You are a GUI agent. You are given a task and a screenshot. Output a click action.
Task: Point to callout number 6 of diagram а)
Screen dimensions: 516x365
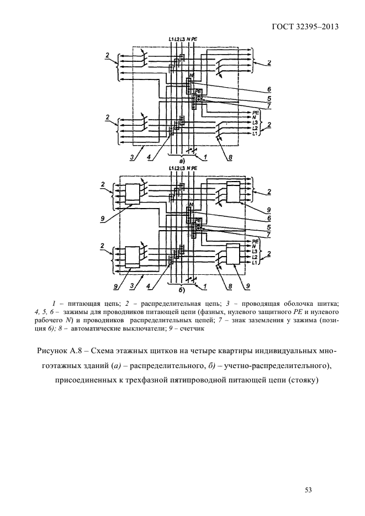[269, 89]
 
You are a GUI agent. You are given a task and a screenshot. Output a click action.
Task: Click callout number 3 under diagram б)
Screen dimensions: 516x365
[131, 286]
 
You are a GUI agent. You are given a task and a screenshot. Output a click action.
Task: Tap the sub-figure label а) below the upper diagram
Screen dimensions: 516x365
[182, 161]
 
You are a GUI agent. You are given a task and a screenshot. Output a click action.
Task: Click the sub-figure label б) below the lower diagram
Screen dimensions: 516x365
[182, 289]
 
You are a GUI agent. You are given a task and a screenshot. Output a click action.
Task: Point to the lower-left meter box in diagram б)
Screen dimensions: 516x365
[133, 257]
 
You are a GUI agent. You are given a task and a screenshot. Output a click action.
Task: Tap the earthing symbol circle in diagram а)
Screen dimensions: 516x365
[199, 99]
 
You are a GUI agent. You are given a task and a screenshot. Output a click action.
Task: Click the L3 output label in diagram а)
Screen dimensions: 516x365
[255, 123]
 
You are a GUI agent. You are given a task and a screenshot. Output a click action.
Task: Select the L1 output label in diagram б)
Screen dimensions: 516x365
[255, 262]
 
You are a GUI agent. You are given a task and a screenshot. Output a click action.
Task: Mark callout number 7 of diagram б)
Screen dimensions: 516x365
[269, 235]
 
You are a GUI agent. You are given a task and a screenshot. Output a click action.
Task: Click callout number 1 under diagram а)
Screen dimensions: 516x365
[205, 157]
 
